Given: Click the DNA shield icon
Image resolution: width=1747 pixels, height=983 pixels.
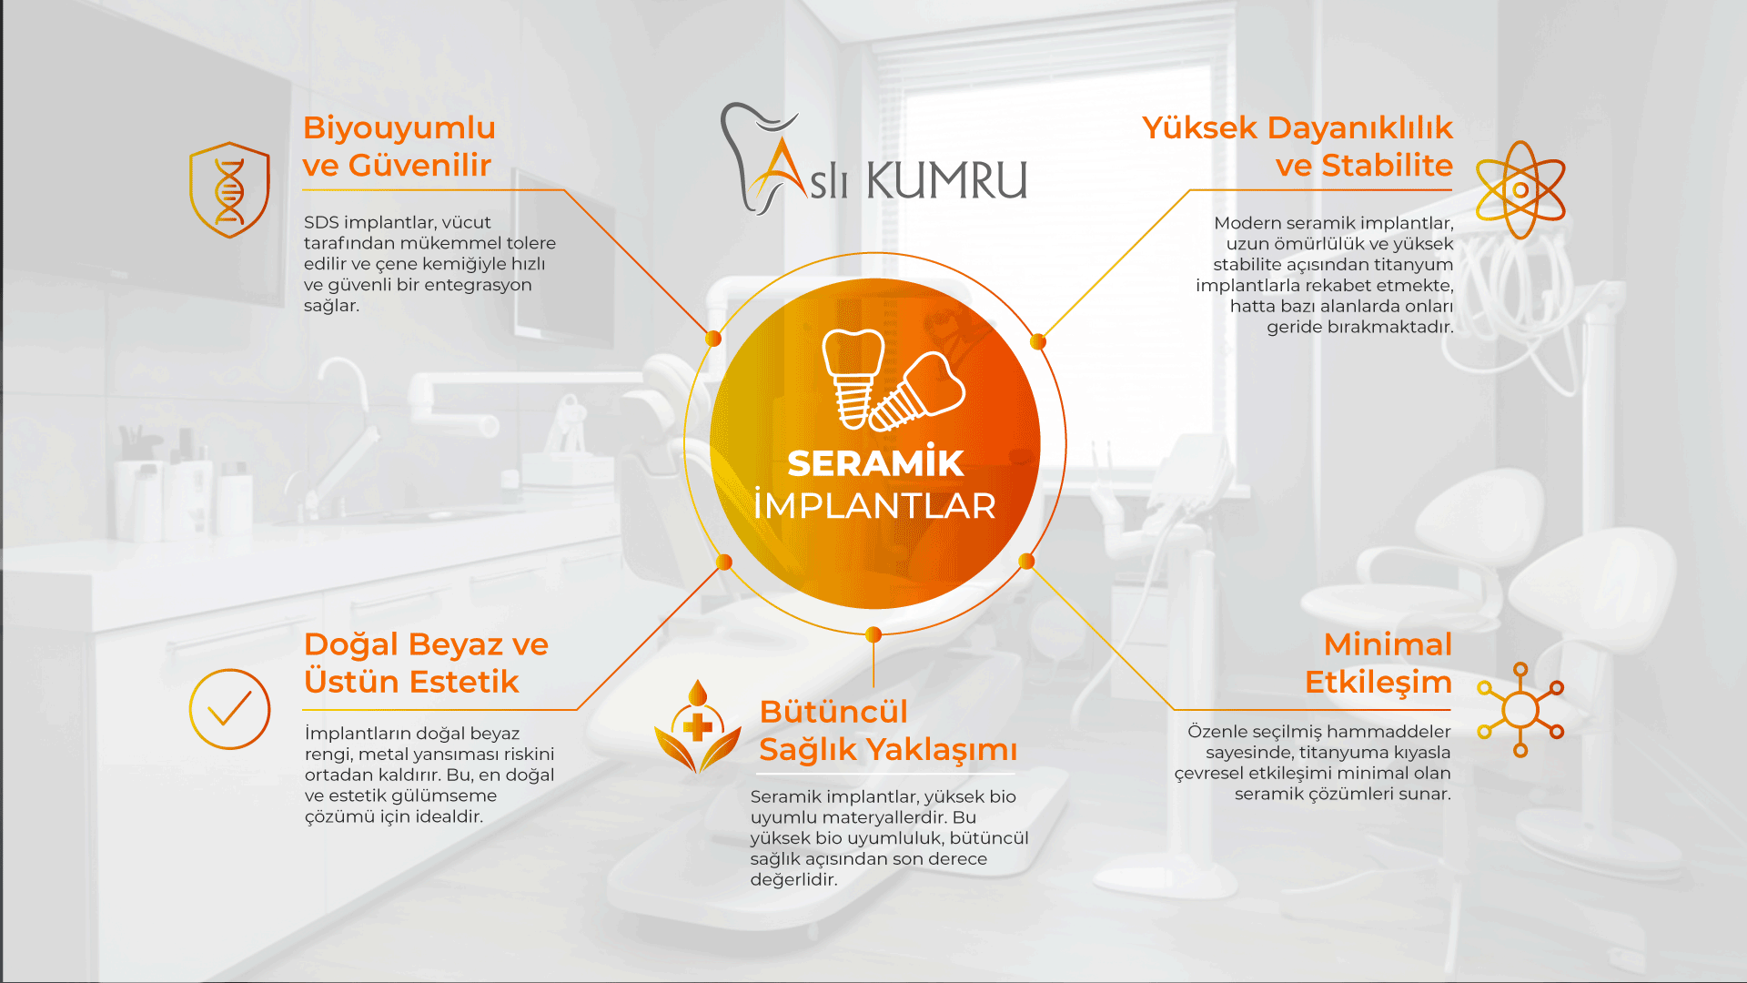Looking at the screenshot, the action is click(x=229, y=189).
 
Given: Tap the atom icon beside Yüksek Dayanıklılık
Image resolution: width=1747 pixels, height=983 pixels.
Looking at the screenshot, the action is click(x=1520, y=189).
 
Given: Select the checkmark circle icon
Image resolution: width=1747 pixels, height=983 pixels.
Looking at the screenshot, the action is click(x=229, y=709).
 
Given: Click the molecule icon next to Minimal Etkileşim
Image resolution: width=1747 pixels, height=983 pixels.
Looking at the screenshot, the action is click(x=1520, y=710).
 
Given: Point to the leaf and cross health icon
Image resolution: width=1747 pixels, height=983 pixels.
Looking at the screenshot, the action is click(x=698, y=726).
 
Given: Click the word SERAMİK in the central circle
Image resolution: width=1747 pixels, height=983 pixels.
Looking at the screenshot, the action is click(x=874, y=462).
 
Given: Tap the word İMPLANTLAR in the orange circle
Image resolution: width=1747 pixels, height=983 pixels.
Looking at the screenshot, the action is click(x=874, y=505).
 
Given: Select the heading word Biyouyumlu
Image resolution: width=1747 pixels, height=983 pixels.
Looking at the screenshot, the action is click(x=399, y=128).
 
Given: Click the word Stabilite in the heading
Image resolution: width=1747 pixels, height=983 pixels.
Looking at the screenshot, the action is click(x=1387, y=166).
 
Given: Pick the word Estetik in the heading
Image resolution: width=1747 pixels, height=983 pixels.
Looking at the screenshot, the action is click(x=464, y=682).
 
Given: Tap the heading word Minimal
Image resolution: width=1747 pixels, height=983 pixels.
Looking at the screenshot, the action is click(x=1388, y=644).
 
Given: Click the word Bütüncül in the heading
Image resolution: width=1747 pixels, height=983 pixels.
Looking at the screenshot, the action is click(x=833, y=712).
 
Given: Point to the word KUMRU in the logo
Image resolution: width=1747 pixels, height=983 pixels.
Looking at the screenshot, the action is click(x=947, y=179).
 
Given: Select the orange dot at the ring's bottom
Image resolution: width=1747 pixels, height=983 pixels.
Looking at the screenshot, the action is click(x=873, y=634).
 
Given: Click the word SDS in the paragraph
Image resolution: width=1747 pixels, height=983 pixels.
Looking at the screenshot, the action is click(x=321, y=223).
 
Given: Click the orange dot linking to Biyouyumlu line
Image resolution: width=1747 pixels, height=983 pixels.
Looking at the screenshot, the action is click(x=713, y=339).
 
